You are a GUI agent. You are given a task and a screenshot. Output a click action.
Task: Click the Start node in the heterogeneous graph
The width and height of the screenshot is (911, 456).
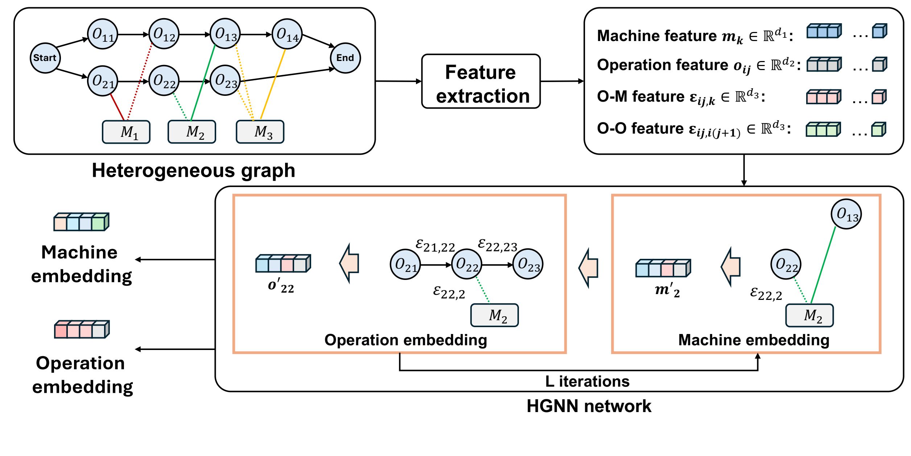(45, 58)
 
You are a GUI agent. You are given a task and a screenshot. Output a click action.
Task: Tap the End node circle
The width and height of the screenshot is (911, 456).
(345, 58)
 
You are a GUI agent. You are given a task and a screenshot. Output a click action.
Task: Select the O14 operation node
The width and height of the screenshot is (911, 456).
(287, 34)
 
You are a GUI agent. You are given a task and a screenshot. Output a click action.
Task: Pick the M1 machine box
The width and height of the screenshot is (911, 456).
(126, 132)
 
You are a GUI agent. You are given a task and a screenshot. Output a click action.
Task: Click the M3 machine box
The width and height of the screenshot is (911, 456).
(260, 132)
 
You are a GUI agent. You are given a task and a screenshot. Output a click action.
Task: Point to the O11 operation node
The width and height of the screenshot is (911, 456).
(103, 34)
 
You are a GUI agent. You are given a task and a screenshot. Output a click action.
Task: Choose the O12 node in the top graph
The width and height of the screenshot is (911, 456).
(164, 34)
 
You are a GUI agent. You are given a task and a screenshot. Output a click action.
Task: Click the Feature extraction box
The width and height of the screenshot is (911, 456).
(481, 81)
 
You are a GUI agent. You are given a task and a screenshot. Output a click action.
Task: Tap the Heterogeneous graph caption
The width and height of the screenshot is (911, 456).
(193, 170)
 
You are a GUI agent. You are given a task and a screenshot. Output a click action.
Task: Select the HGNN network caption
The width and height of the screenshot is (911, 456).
(589, 406)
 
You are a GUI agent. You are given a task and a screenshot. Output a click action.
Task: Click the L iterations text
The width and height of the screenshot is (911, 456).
(587, 382)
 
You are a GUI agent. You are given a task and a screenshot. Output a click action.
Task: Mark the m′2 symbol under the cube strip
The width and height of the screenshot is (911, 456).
(667, 290)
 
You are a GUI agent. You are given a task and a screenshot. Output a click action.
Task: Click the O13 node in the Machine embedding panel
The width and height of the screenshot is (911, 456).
(846, 214)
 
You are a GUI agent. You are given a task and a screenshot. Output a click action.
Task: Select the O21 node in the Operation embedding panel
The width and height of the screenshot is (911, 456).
(405, 264)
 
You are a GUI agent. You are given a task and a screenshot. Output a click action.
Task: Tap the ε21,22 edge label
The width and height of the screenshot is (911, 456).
(435, 246)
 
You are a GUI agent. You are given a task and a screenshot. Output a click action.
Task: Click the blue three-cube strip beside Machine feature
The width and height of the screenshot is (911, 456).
(824, 31)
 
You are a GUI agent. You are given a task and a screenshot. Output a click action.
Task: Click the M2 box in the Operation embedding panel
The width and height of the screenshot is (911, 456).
(494, 315)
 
